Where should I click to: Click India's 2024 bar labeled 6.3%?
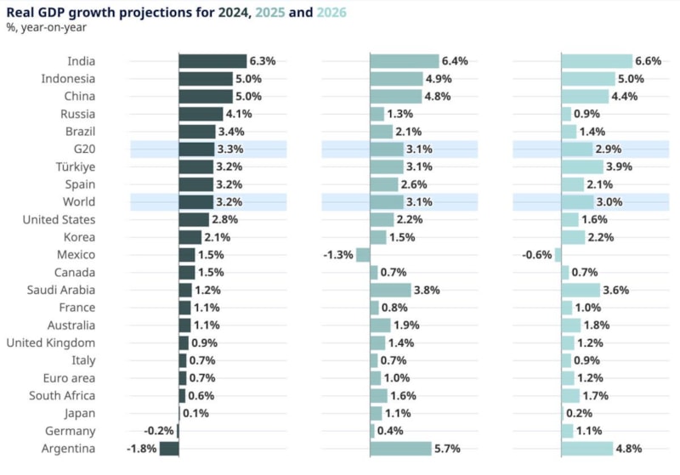212,61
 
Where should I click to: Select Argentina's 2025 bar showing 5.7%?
401,449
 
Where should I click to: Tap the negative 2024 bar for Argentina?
169,449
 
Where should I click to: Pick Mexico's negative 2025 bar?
363,255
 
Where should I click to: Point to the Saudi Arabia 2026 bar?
581,290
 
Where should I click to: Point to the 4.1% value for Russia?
240,114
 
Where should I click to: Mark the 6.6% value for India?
649,61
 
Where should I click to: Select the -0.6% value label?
536,255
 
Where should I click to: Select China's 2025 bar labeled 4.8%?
396,96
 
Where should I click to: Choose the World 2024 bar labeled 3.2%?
195,202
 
